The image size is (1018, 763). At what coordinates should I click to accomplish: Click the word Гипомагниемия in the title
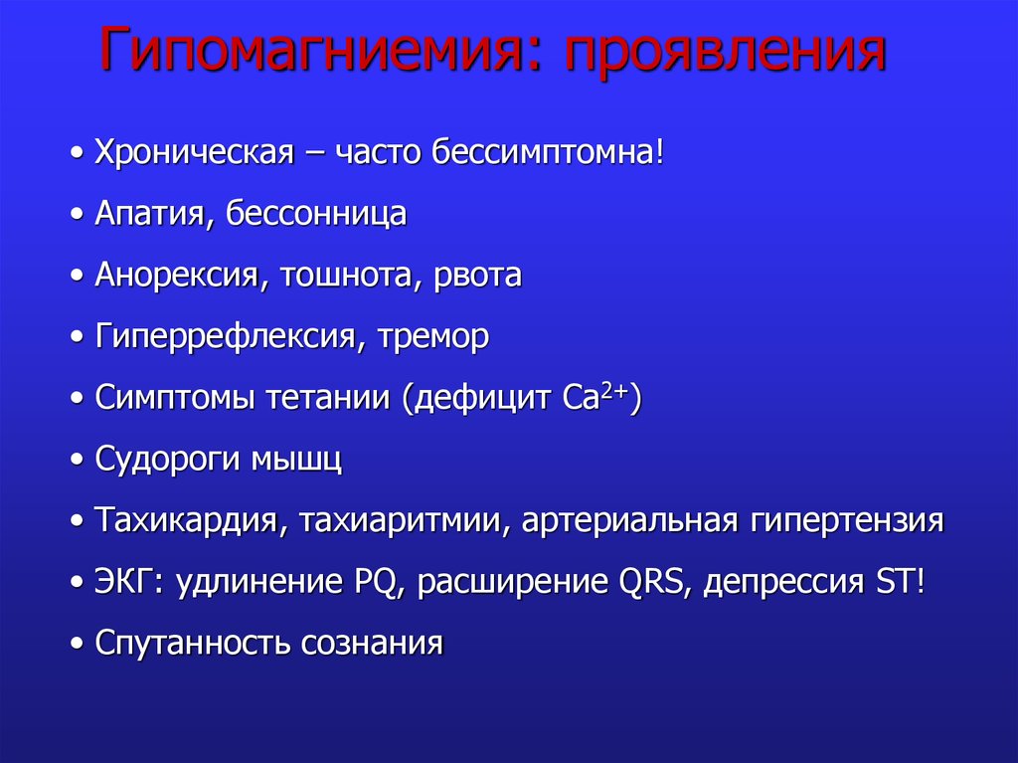tap(311, 50)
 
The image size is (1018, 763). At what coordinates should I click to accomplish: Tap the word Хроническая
tap(195, 153)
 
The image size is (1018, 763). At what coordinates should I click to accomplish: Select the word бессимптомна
tap(543, 152)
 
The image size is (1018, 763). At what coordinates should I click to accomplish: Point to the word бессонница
tap(316, 214)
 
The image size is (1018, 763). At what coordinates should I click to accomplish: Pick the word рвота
tap(477, 276)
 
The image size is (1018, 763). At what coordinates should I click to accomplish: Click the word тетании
tap(328, 397)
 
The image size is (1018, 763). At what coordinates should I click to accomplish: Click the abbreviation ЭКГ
tap(130, 581)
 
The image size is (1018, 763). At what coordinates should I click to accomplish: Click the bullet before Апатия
tap(78, 215)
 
